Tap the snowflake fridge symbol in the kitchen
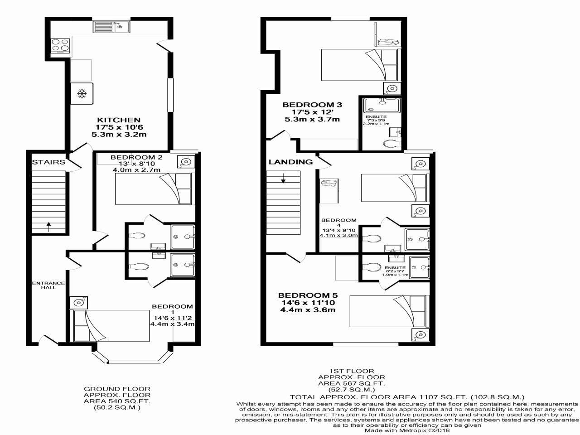[82, 94]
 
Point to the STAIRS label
[48, 162]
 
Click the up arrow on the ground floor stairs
[48, 226]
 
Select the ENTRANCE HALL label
[48, 285]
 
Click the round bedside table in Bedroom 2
[185, 161]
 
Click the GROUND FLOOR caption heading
[117, 389]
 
